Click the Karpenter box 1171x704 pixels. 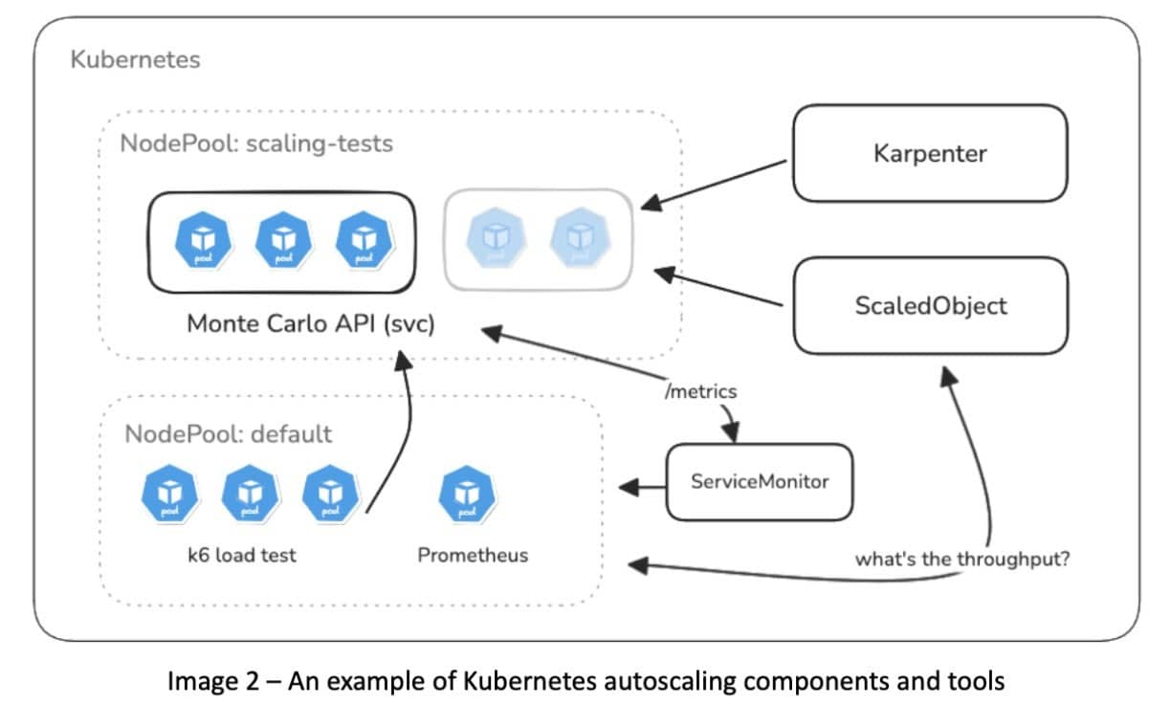(929, 153)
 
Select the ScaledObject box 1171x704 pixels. (930, 305)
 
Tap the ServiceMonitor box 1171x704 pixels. (759, 481)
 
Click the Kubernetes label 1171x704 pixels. (135, 59)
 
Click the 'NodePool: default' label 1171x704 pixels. (228, 433)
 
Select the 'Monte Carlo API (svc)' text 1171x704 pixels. (310, 323)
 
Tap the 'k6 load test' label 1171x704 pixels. (242, 554)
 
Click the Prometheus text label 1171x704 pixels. (473, 554)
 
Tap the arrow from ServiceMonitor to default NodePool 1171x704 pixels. (643, 487)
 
